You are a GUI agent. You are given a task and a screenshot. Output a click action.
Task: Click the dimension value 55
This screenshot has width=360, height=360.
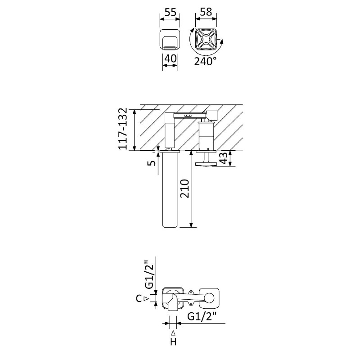point(170,12)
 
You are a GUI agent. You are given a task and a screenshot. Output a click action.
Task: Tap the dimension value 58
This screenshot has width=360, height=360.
point(206,12)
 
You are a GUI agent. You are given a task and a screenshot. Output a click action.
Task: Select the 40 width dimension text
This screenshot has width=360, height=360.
point(170,58)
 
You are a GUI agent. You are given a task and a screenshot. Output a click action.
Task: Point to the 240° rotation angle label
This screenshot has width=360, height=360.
point(205,61)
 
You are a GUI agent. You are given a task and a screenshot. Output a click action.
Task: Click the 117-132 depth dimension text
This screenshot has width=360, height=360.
point(122,129)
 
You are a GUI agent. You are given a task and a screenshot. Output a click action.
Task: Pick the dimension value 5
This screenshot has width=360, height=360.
point(152,163)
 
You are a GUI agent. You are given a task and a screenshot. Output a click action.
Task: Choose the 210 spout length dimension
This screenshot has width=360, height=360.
point(184,189)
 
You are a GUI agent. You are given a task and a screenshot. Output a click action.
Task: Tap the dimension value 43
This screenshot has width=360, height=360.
point(224,158)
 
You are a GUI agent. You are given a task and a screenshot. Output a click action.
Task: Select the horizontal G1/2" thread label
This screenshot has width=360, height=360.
point(202,317)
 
